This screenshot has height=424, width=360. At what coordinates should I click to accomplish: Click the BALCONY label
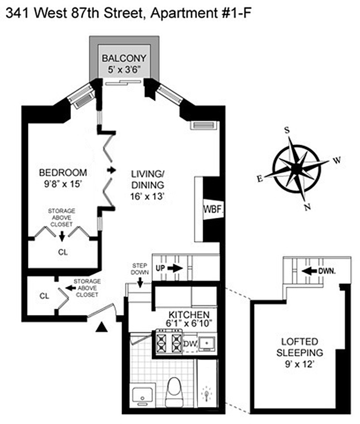tap(124, 58)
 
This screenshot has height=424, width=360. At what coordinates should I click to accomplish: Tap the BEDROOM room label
tap(62, 173)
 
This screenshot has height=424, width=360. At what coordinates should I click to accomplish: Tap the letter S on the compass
tap(287, 130)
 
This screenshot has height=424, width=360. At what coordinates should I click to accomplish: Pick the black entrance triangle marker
tap(102, 327)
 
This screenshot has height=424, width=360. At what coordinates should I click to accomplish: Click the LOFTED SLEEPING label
tap(299, 346)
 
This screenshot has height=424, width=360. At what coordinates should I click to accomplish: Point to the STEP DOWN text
tap(140, 268)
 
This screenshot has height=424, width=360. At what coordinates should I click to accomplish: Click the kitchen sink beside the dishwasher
tap(206, 343)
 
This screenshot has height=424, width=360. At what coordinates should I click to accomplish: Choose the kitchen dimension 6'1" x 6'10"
tap(185, 324)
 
